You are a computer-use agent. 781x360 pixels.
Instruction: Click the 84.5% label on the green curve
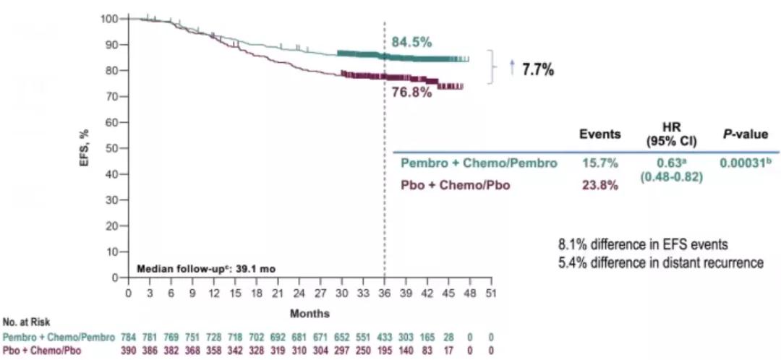point(410,42)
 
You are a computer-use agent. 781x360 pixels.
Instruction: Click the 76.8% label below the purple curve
point(411,93)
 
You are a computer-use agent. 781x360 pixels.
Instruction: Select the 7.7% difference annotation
point(538,70)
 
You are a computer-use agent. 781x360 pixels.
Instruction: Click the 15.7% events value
point(600,164)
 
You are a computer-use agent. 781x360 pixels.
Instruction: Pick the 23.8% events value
point(600,186)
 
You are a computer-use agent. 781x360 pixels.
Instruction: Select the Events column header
point(600,134)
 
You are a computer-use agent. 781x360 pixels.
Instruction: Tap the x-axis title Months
point(310,314)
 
